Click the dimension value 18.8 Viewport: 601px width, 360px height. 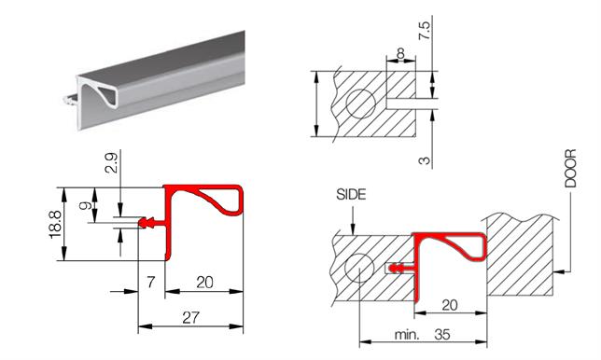(x=55, y=225)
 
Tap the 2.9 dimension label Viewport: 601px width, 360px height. (x=112, y=161)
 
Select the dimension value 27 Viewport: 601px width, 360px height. (x=190, y=317)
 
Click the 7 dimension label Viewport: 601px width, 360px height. (x=151, y=283)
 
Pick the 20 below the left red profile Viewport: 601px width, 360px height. (x=204, y=283)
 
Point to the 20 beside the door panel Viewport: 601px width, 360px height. (x=450, y=305)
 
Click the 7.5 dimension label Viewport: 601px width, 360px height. (x=425, y=31)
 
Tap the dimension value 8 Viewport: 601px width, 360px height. (x=401, y=53)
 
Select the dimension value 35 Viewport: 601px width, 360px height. (x=442, y=334)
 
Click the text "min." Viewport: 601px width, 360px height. (x=407, y=335)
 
